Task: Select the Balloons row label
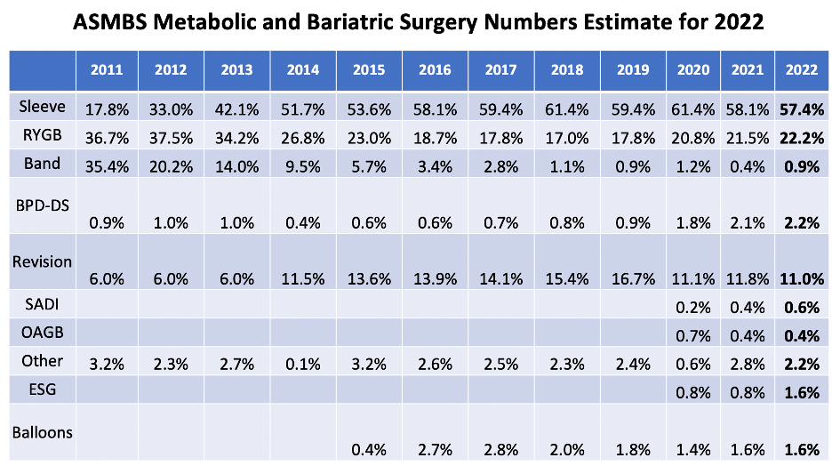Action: pyautogui.click(x=44, y=431)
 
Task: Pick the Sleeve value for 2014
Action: pyautogui.click(x=303, y=110)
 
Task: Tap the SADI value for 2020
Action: pyautogui.click(x=700, y=309)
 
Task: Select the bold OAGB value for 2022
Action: pyautogui.click(x=798, y=336)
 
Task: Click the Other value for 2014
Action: pyautogui.click(x=303, y=365)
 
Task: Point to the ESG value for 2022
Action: pyautogui.click(x=798, y=392)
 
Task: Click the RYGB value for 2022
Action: pyautogui.click(x=798, y=138)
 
